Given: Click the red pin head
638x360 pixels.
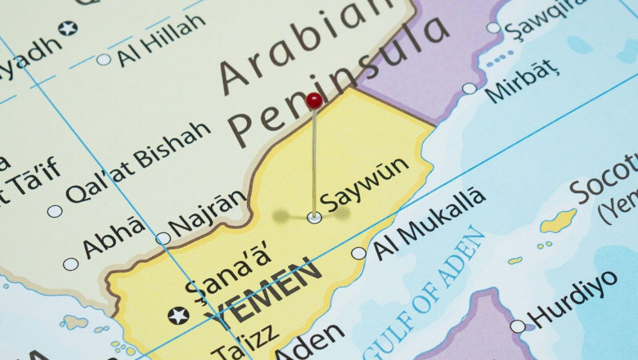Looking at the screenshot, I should coord(314,101).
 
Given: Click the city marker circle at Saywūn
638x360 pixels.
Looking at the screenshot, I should coord(314,217).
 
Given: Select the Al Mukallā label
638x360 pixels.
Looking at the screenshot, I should coord(429,223).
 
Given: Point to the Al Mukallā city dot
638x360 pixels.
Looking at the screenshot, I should coord(358,254).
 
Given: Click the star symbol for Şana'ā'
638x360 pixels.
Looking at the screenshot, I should coord(177,315).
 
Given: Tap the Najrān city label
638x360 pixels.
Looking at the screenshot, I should coord(207,214).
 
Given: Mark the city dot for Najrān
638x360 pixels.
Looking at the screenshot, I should coord(164,238).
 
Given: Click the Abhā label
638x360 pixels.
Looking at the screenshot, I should coord(114,239).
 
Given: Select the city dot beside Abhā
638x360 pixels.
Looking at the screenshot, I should coord(71,264).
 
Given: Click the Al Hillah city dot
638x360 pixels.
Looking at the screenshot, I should coord(104,59).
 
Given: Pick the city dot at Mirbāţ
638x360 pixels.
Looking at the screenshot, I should coord(469,88).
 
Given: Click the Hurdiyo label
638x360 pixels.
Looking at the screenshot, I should coord(573,298).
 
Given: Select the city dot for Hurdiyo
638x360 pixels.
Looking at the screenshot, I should coord(517,326).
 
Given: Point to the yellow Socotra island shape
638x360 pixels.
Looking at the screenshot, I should coord(559,220).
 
